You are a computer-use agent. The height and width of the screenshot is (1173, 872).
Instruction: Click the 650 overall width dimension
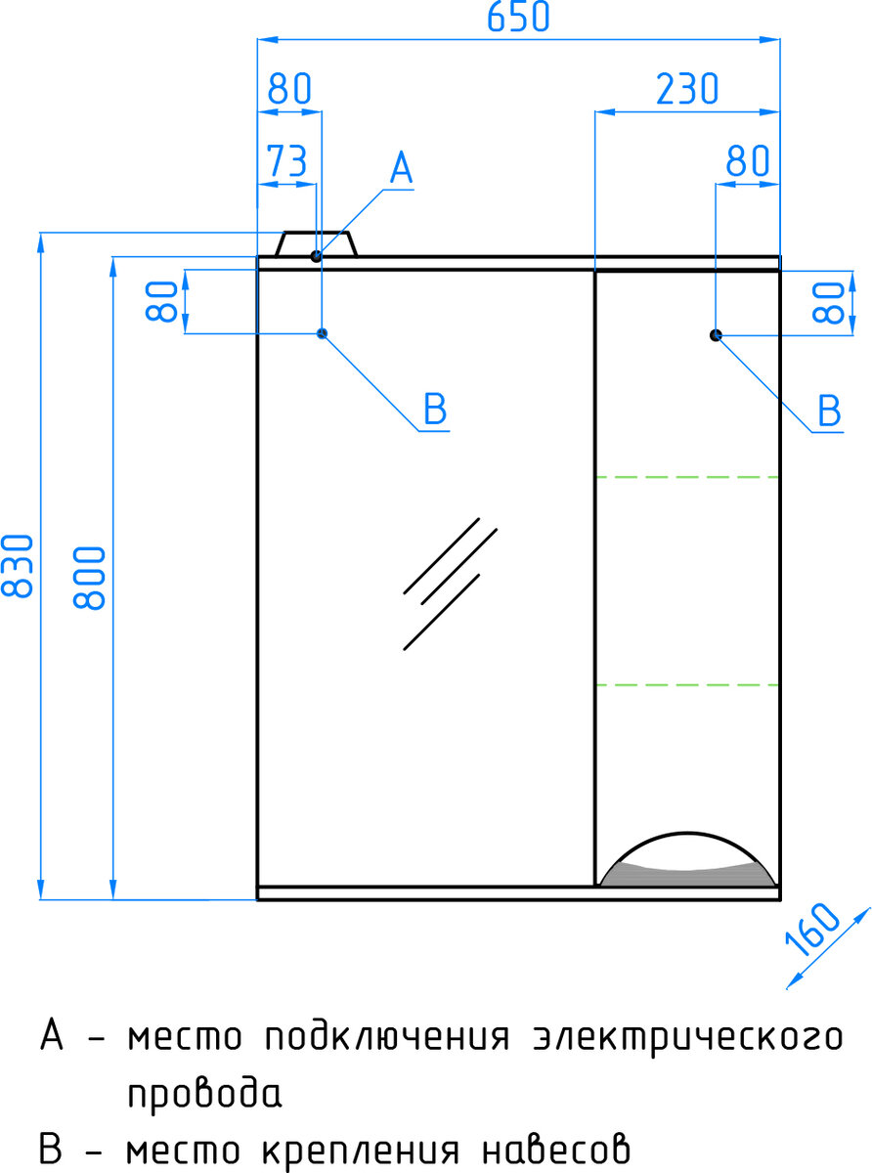tap(518, 17)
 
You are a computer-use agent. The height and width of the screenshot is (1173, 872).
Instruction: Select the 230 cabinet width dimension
tap(687, 89)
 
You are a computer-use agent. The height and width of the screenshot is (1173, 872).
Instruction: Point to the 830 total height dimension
tap(17, 566)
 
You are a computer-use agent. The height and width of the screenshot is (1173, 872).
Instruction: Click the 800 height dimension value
tap(89, 578)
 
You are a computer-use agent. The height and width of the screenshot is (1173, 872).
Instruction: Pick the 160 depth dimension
tap(811, 930)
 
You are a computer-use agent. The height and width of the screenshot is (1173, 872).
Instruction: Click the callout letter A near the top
tap(401, 168)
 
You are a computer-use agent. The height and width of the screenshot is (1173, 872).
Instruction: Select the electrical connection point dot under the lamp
tap(316, 256)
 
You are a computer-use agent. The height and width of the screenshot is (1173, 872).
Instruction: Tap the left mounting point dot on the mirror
tap(322, 333)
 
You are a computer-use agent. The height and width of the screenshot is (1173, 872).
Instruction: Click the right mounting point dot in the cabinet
tap(716, 334)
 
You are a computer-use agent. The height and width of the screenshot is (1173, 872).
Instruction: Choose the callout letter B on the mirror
tap(435, 409)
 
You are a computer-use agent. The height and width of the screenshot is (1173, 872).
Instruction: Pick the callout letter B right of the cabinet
tap(829, 411)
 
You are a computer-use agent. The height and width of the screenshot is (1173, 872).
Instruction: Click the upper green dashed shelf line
tap(687, 477)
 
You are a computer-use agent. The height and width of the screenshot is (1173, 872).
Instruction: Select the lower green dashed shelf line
tap(687, 685)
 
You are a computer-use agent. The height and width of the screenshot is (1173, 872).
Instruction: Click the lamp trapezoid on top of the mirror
tap(317, 243)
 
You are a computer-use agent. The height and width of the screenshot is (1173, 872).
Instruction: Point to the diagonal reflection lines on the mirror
tap(450, 584)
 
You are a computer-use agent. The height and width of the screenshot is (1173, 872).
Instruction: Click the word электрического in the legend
tap(687, 1038)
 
